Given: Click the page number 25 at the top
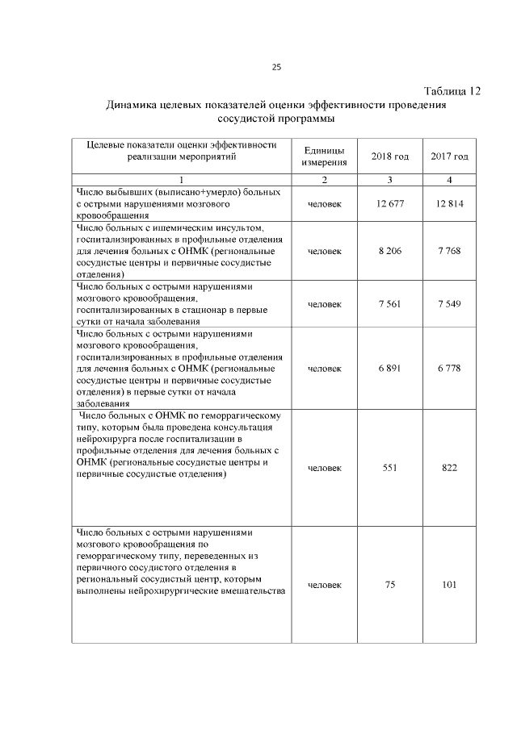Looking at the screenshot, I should [x=276, y=67].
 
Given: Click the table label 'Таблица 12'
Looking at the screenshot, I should [x=452, y=91].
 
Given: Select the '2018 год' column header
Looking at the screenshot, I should [x=390, y=156].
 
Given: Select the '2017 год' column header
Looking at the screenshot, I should [x=449, y=156].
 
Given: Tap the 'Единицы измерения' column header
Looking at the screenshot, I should [x=325, y=156].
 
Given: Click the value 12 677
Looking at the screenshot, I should [x=390, y=204].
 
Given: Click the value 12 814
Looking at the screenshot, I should [x=449, y=204].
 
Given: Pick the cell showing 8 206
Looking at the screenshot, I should [x=390, y=252].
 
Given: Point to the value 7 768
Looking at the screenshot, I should [x=449, y=252].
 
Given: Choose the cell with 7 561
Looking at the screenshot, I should [x=390, y=303].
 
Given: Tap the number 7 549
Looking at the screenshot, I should [x=449, y=303].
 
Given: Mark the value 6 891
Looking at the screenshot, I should [x=390, y=368].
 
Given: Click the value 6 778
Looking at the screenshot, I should [x=449, y=368].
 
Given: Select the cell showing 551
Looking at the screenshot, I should [x=390, y=468].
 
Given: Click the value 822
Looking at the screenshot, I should [x=449, y=468].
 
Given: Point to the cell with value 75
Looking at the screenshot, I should [x=390, y=585].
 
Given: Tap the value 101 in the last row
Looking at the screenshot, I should [x=449, y=585].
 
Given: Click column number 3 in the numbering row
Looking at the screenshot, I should [x=390, y=179].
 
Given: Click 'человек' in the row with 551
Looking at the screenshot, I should [x=325, y=468].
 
